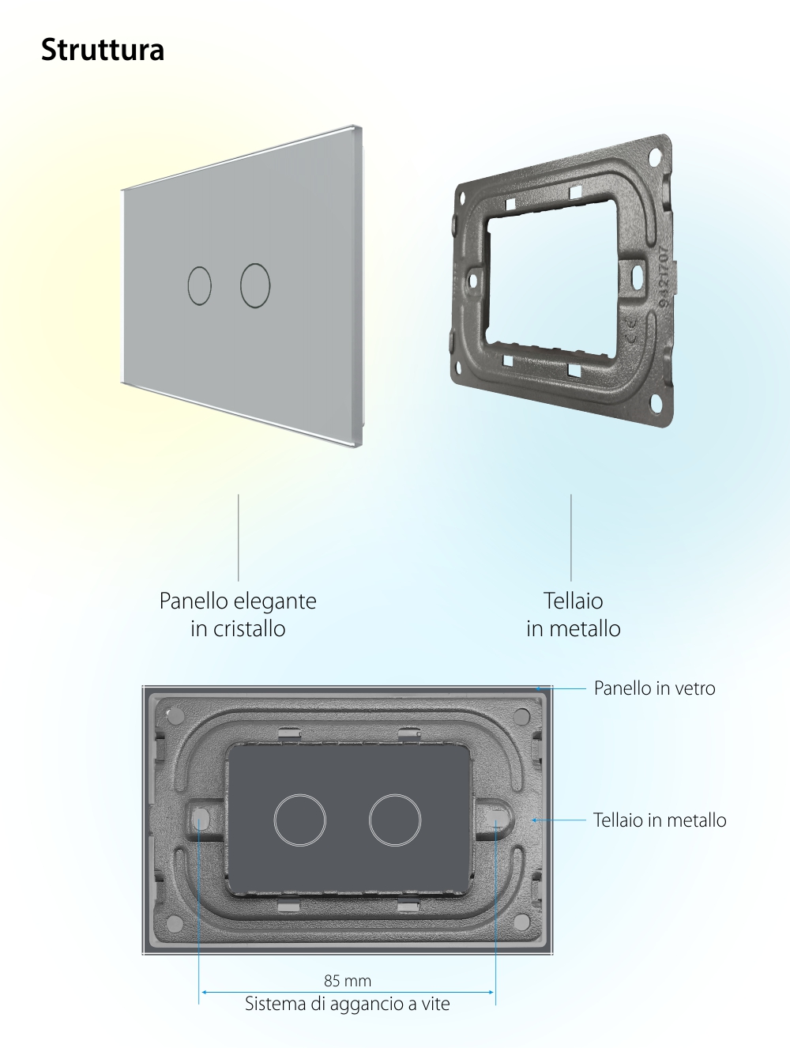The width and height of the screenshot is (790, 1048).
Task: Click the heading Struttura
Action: coord(103,50)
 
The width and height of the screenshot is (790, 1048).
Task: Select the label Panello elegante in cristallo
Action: coord(238,614)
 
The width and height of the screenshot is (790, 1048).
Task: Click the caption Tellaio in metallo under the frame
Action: coord(574,614)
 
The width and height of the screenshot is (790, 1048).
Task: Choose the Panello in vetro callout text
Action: coord(654,688)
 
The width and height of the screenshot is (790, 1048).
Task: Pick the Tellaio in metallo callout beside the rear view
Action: coord(660,820)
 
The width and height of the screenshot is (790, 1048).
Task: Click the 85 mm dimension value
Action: coord(348,981)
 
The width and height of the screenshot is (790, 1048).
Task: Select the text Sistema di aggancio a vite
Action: coord(348,1004)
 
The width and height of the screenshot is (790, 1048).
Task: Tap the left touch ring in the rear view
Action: coord(300,820)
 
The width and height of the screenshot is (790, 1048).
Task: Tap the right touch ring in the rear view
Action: coord(395,820)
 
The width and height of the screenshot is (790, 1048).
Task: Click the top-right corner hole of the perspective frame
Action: coord(655,155)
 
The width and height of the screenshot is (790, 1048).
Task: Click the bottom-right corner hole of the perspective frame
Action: coord(655,408)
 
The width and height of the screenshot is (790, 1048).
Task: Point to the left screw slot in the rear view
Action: coord(199,818)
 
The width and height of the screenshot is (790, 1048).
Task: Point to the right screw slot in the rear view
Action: coord(496,818)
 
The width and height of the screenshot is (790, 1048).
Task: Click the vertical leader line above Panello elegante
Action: coord(239,537)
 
